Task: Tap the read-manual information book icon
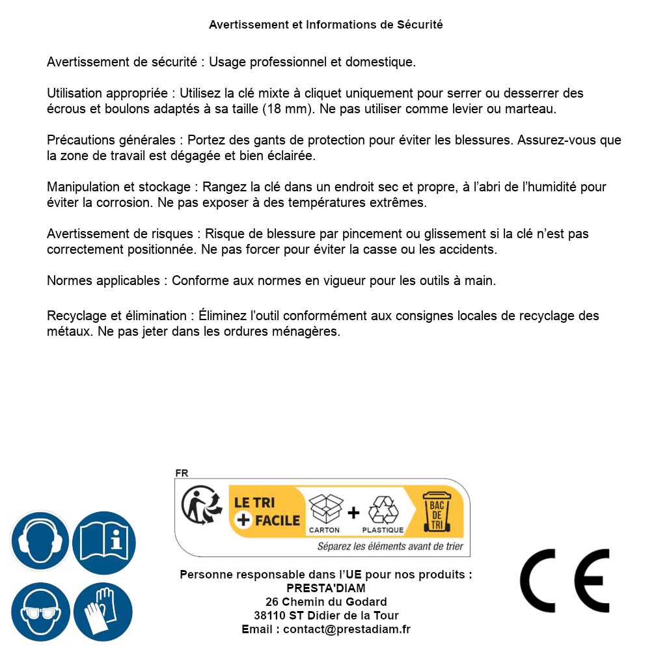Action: tap(103, 541)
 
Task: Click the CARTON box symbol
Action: tap(325, 510)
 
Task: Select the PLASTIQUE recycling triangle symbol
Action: tap(383, 510)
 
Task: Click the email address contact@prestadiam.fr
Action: tap(347, 629)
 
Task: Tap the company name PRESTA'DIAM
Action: tap(326, 588)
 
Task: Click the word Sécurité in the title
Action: tap(420, 25)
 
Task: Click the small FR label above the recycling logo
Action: tap(182, 473)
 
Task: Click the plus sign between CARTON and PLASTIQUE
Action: tap(353, 513)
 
